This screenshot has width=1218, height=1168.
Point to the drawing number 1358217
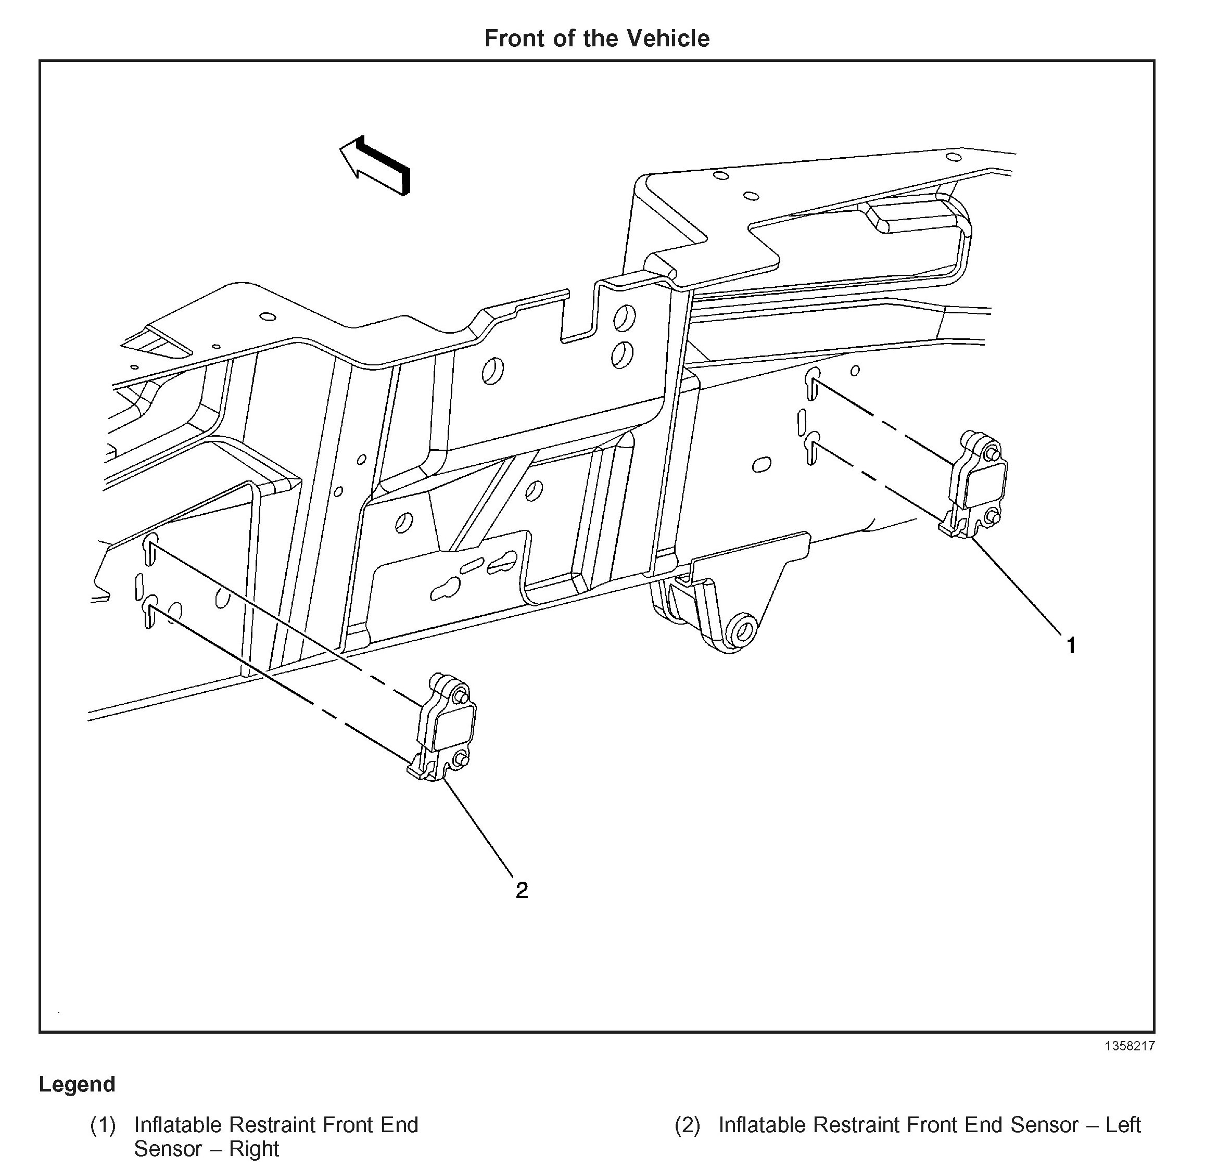1129,1046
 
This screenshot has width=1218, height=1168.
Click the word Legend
77,1084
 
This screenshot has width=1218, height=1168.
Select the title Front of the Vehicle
597,39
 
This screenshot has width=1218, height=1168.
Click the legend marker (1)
103,1125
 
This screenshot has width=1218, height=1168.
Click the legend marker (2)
687,1125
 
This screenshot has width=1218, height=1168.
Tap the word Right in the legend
254,1149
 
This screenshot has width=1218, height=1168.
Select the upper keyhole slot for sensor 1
812,383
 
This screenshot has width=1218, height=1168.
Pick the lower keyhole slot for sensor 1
811,449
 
